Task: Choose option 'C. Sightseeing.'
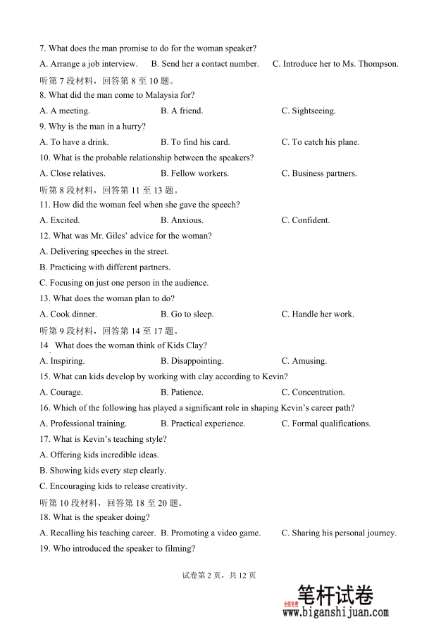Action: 309,110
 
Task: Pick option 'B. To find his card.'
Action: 195,142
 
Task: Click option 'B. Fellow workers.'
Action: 194,173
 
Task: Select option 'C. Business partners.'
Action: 319,173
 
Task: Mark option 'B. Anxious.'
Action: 182,220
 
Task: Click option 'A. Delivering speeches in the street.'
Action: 104,251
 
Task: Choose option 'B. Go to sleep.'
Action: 187,315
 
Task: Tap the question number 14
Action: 44,345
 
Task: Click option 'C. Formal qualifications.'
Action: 326,424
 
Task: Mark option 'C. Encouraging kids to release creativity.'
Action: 113,486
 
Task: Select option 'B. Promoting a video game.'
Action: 211,533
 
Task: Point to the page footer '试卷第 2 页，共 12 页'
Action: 219,575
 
